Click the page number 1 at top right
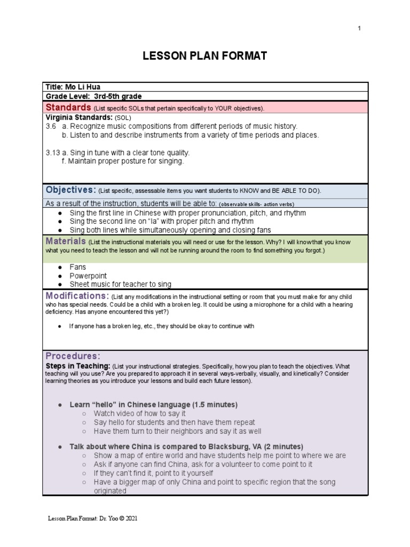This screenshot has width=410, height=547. click(359, 28)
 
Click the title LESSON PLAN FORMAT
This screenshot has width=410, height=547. click(204, 56)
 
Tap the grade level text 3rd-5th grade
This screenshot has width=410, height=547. click(118, 97)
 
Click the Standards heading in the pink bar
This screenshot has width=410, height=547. click(68, 107)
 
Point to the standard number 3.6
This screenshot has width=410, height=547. click(51, 126)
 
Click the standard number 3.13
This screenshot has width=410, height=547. click(52, 152)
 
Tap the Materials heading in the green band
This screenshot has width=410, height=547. click(66, 241)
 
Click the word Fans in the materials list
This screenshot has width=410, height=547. click(77, 267)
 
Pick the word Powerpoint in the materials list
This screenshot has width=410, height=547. click(88, 276)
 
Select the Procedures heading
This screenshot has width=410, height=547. click(73, 356)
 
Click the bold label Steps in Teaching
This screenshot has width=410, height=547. click(80, 367)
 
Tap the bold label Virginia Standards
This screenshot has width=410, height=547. click(78, 117)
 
